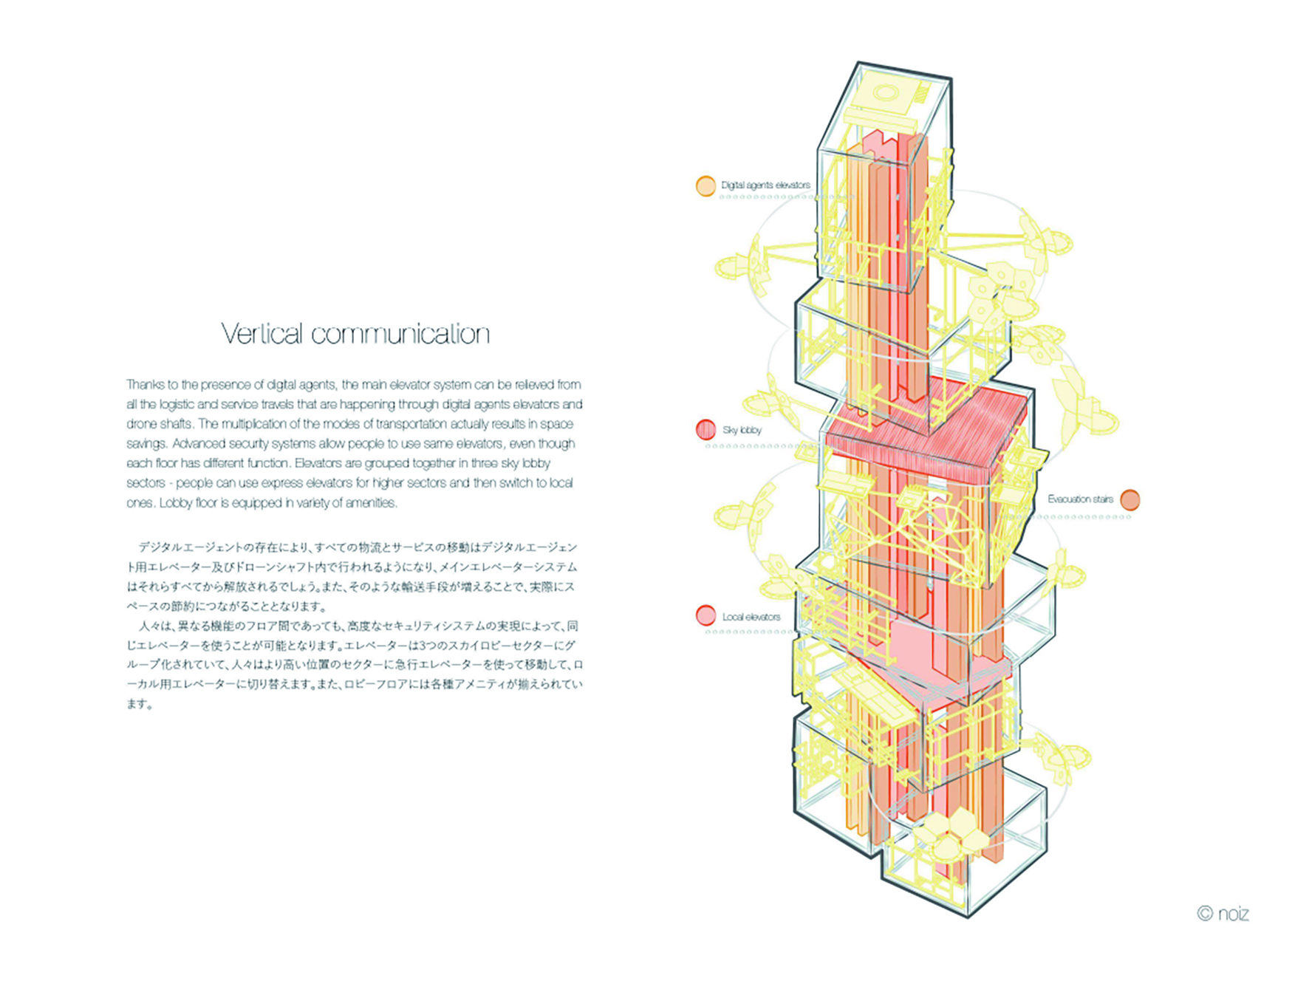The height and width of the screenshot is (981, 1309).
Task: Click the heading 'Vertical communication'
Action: point(355,334)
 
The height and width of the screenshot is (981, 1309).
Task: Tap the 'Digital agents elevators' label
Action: point(765,185)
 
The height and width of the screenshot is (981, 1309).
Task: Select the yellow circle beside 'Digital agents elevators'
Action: point(705,186)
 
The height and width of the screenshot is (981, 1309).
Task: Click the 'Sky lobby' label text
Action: point(742,430)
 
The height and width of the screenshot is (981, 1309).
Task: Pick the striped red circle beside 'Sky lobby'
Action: point(705,430)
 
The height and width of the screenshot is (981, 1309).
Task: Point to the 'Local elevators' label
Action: point(751,617)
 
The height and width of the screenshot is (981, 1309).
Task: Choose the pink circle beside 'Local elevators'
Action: point(705,615)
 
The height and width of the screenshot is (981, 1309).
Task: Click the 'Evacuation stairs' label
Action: point(1080,499)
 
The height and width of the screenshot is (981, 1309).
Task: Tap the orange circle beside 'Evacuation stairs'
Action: point(1129,500)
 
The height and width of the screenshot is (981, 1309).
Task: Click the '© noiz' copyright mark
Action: point(1223,914)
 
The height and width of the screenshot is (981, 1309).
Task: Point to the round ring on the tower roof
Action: point(884,93)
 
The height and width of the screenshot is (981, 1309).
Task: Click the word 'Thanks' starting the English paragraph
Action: point(142,385)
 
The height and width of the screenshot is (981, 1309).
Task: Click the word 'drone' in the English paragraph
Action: point(142,424)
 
